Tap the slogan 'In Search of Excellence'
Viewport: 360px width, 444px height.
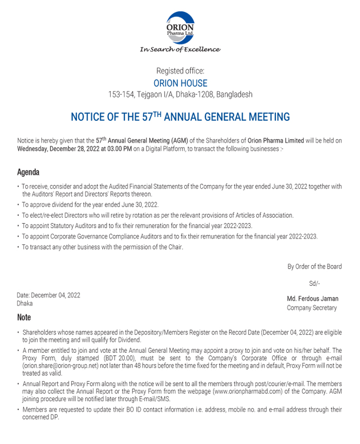click(x=180, y=50)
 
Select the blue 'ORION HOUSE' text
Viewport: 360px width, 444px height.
click(x=180, y=83)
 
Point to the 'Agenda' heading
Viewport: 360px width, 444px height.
click(x=28, y=172)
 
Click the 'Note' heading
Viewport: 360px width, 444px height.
click(x=24, y=317)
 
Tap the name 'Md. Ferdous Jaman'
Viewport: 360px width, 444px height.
click(x=313, y=299)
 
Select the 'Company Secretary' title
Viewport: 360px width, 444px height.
click(x=312, y=308)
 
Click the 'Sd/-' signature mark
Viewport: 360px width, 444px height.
click(x=315, y=283)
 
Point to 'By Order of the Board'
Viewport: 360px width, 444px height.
click(x=314, y=267)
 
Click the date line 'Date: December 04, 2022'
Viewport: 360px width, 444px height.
click(x=48, y=295)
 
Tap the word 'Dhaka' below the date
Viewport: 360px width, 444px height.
click(x=25, y=304)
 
